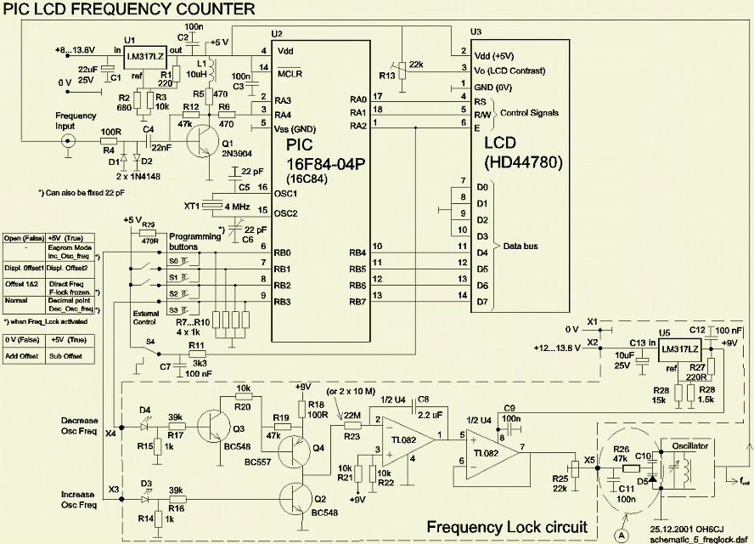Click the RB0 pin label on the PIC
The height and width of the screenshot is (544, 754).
click(282, 252)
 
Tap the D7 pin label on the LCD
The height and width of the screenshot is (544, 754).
click(482, 302)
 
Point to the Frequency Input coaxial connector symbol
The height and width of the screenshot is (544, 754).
click(64, 142)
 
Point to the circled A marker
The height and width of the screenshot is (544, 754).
click(622, 534)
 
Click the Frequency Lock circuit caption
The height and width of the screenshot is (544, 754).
click(506, 526)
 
